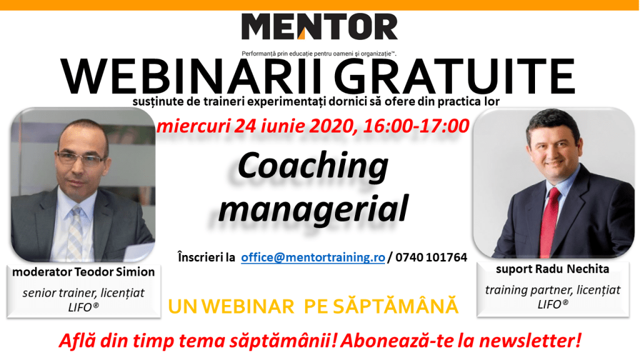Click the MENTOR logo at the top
coord(319,26)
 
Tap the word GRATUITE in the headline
coord(454,77)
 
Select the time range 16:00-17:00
coord(416,126)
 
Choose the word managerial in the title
coord(313,209)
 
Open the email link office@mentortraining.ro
coord(313,257)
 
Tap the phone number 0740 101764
coord(431,257)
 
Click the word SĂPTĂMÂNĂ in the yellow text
coord(396,306)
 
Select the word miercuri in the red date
coord(194,126)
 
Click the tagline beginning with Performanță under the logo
coord(319,54)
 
